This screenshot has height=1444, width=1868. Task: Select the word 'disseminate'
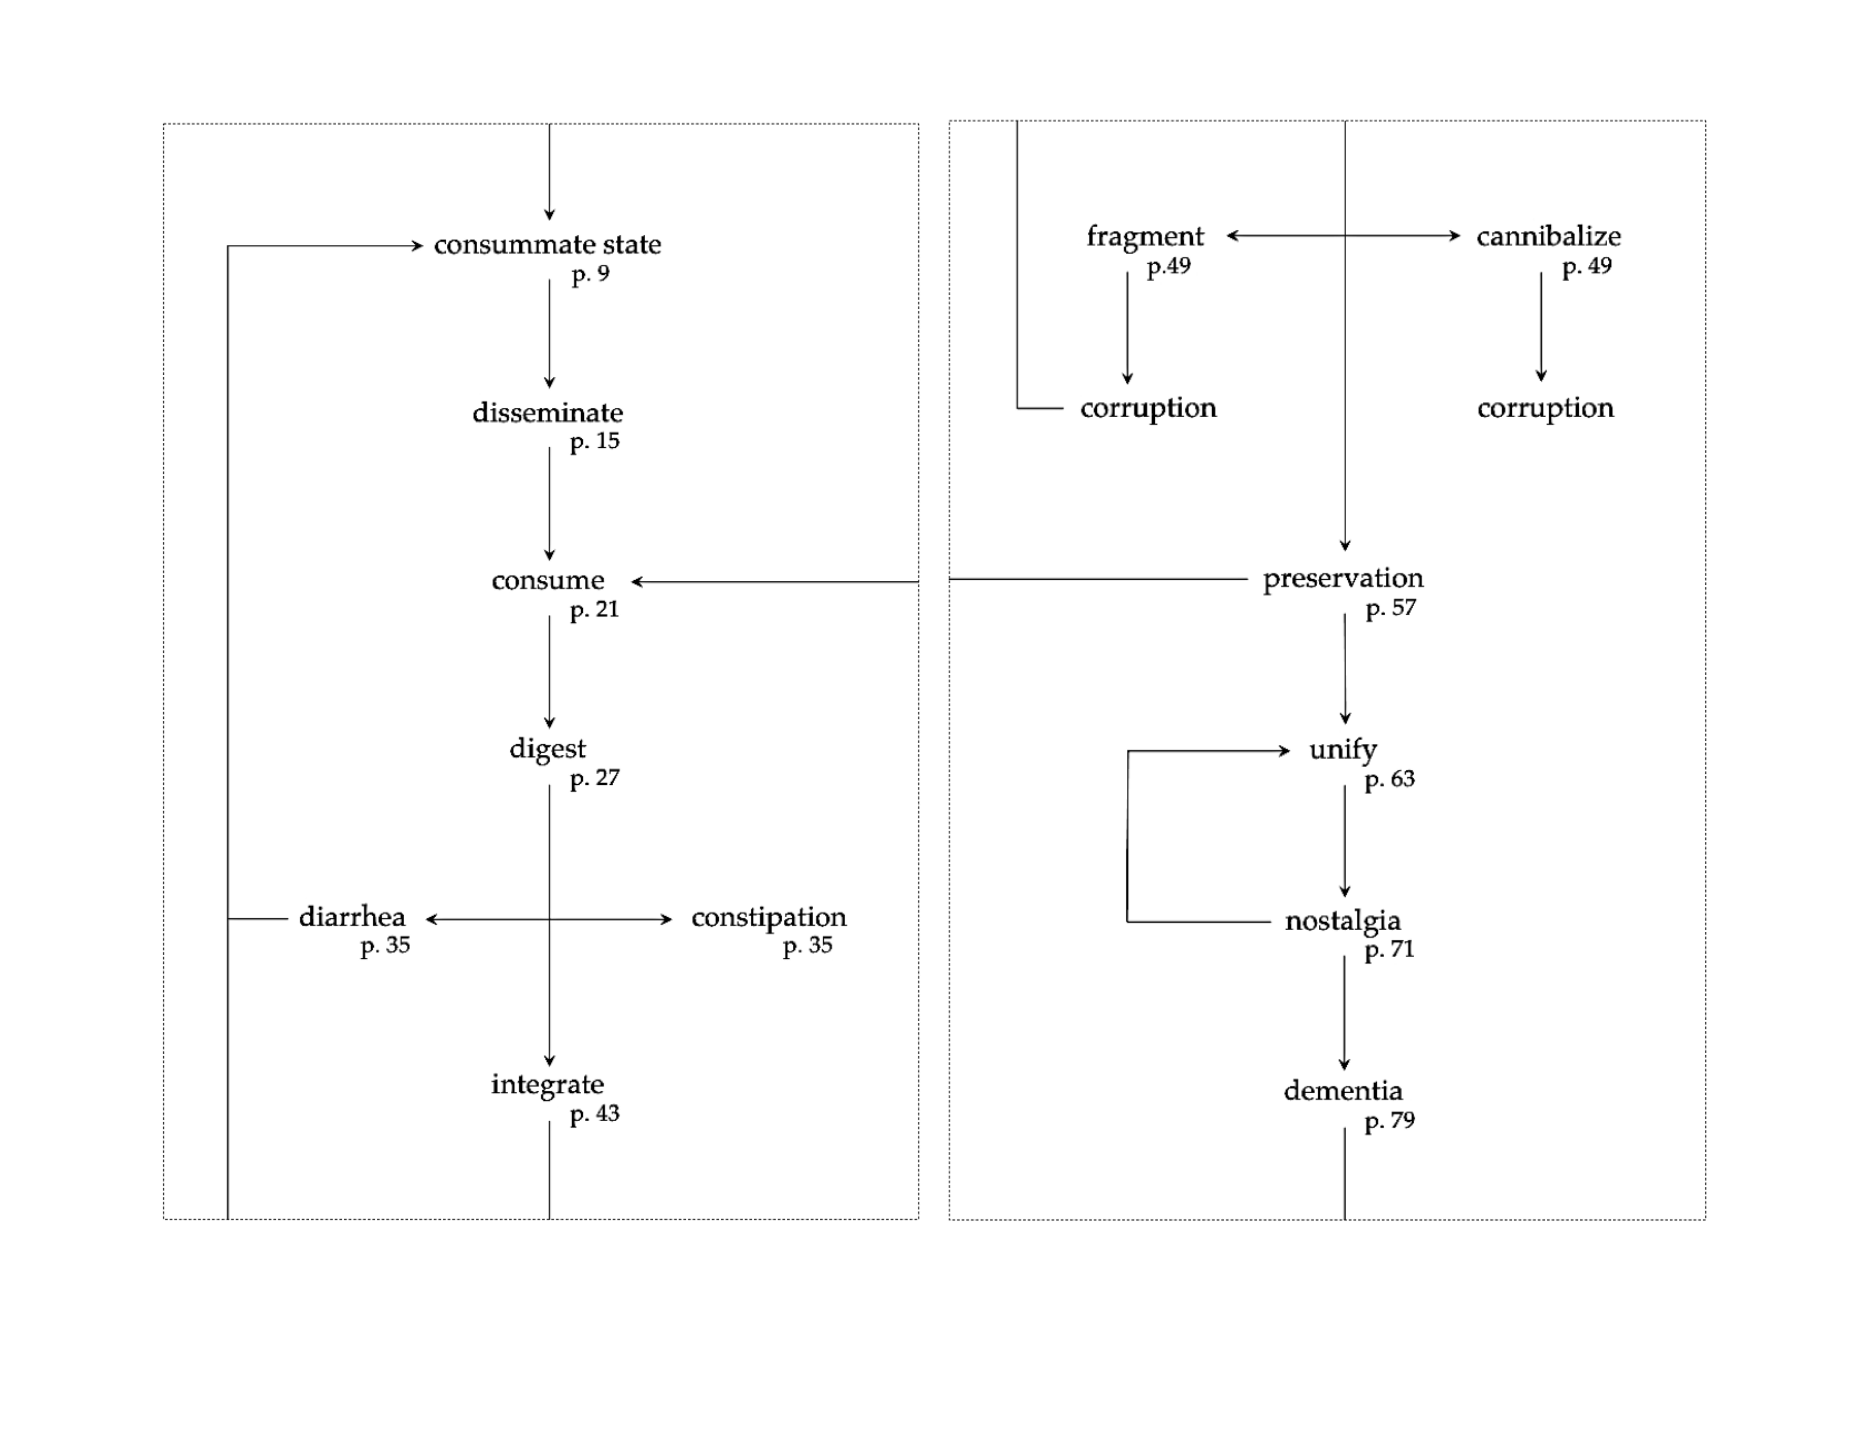(547, 413)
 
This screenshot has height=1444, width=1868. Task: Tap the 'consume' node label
(547, 581)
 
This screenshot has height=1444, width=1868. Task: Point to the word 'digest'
(547, 749)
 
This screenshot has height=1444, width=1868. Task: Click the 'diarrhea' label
(351, 917)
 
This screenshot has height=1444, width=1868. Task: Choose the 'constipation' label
(768, 917)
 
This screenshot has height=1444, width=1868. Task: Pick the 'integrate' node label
(547, 1085)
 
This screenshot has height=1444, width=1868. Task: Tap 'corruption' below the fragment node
(1148, 408)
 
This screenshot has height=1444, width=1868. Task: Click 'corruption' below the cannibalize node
(1545, 408)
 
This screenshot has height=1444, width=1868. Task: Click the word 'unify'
(1343, 750)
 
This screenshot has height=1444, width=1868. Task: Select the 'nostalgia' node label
(1343, 921)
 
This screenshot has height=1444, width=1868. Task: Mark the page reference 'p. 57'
(1391, 608)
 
